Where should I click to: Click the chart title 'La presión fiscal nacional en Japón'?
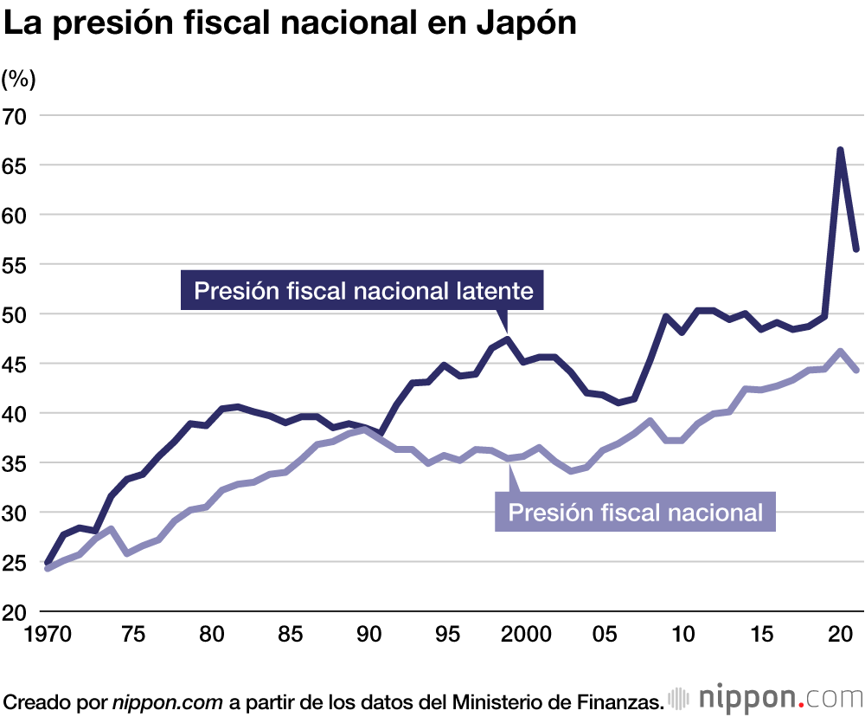point(291,24)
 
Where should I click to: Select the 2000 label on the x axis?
point(524,634)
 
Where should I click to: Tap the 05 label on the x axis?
point(604,634)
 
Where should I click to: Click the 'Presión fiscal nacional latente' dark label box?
point(363,290)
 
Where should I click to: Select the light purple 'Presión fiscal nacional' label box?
point(635,512)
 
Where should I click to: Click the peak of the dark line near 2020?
point(840,151)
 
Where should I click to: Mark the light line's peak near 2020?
point(840,352)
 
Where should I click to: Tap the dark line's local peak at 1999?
point(509,339)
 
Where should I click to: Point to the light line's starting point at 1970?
point(48,567)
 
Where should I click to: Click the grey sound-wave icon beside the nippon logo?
point(681,698)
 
